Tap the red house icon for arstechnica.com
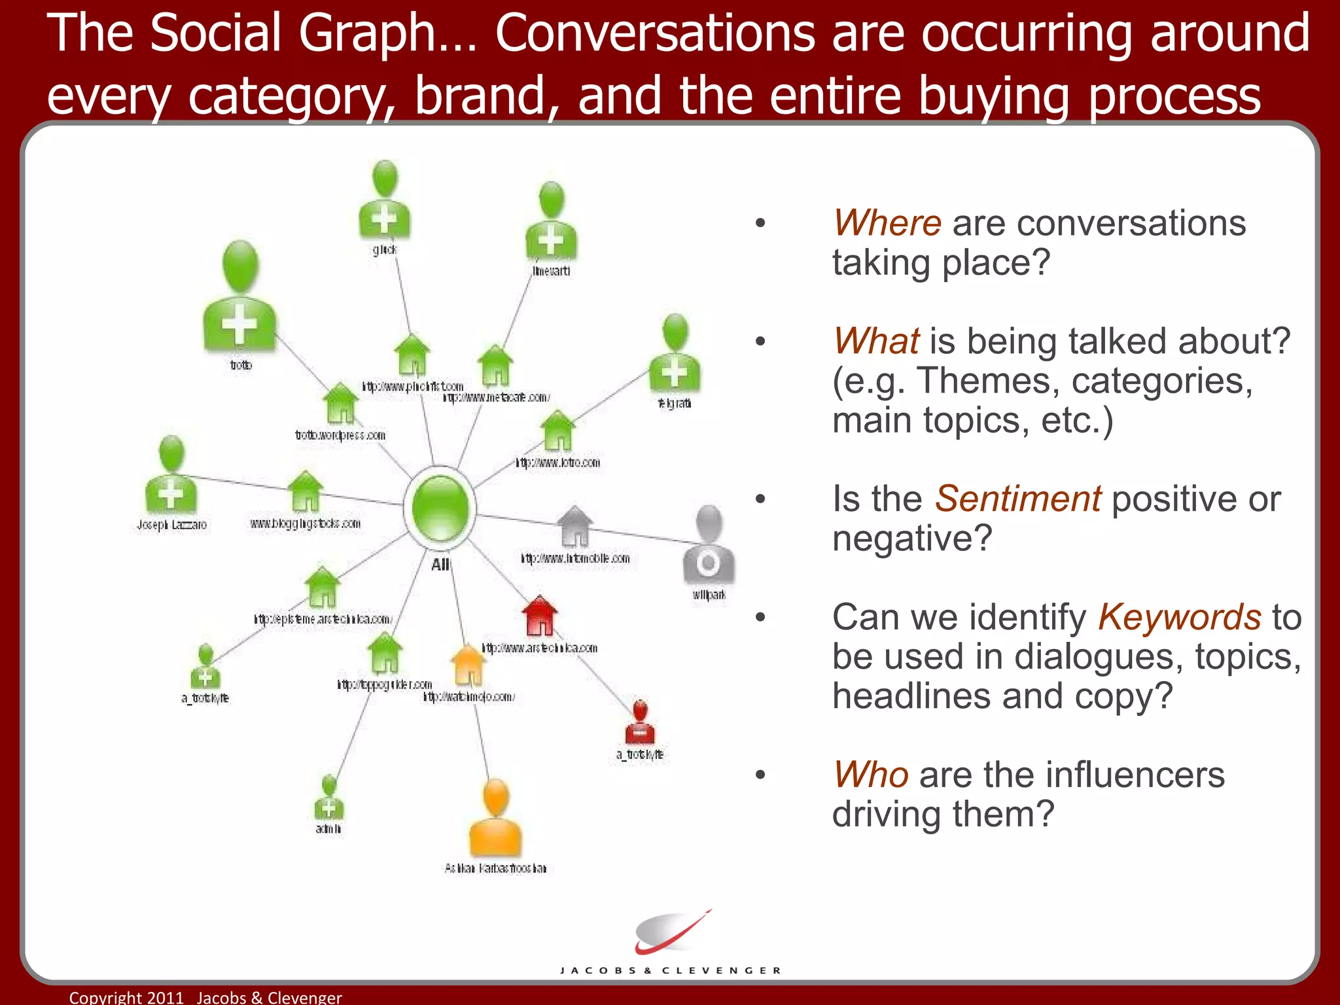(x=539, y=616)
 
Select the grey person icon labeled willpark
(x=708, y=545)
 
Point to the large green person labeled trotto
(x=239, y=298)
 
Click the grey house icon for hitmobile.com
(x=574, y=526)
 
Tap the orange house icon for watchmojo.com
(x=468, y=665)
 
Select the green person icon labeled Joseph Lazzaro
(x=171, y=476)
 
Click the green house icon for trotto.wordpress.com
(x=340, y=403)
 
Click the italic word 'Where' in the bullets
(x=887, y=223)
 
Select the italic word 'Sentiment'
(x=1017, y=499)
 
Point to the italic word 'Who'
(x=870, y=775)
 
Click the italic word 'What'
(x=876, y=342)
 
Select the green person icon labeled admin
(x=328, y=798)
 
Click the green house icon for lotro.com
(x=557, y=431)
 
